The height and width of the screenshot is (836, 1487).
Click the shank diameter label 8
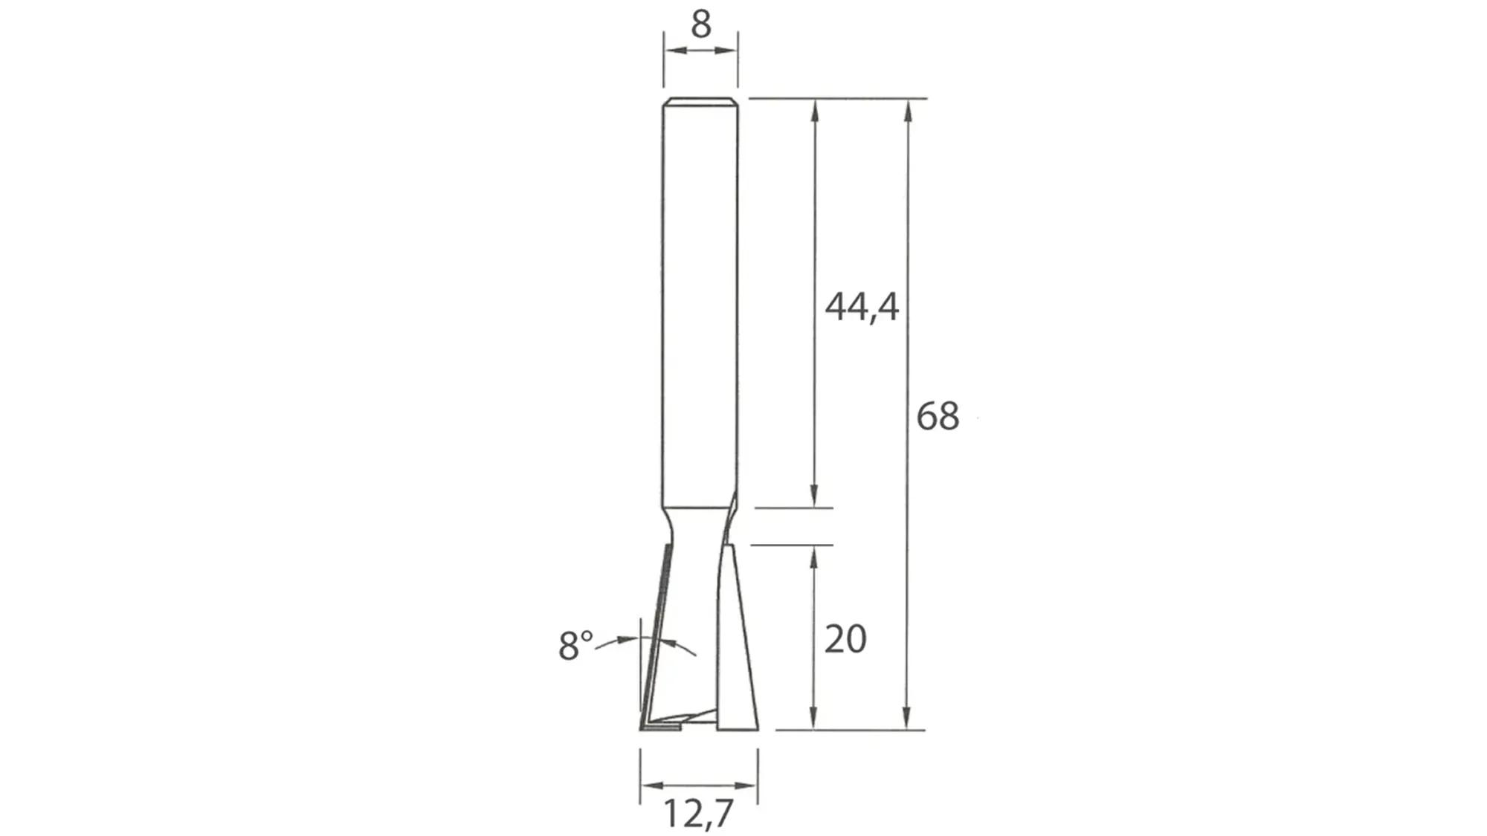[x=700, y=24]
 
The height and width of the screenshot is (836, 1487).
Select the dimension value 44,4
[x=862, y=306]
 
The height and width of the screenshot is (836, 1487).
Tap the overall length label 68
[x=938, y=415]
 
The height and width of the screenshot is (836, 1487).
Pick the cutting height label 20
[x=845, y=639]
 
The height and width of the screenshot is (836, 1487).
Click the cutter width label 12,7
[x=697, y=813]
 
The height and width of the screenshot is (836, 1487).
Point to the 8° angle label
[x=575, y=646]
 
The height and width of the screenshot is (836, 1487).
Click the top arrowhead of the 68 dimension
[x=907, y=110]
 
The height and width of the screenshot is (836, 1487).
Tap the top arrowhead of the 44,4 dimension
[x=815, y=110]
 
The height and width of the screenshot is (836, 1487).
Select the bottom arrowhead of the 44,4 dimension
[x=815, y=496]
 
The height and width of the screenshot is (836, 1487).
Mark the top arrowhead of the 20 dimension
[x=815, y=556]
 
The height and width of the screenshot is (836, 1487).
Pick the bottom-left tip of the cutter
[x=642, y=728]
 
